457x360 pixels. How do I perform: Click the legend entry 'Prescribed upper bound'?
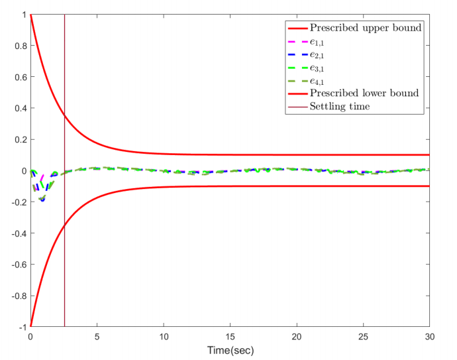point(366,28)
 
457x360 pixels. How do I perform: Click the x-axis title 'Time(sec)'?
point(230,350)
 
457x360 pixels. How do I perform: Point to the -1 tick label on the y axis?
point(21,327)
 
